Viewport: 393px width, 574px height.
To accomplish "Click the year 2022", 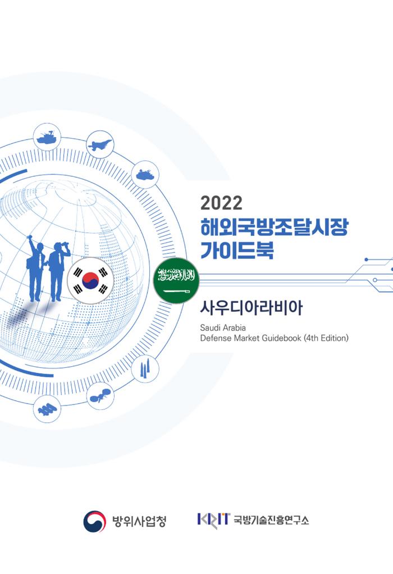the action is (x=221, y=203).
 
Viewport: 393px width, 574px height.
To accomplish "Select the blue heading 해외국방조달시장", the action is (x=274, y=227).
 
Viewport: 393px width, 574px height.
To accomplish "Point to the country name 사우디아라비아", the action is (x=251, y=308).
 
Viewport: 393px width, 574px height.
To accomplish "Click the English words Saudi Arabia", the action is (x=223, y=327).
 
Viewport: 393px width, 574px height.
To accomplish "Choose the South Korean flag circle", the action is (x=90, y=281).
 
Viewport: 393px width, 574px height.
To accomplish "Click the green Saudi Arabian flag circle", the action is (x=176, y=281).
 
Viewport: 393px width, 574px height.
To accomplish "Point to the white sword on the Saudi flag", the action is (x=176, y=291).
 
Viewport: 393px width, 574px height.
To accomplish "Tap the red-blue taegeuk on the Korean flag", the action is (x=90, y=281).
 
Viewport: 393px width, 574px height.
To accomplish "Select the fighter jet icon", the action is (x=100, y=144).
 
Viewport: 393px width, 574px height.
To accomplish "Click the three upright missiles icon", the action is (x=145, y=369).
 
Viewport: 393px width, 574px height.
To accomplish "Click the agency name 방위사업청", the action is (x=139, y=521).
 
